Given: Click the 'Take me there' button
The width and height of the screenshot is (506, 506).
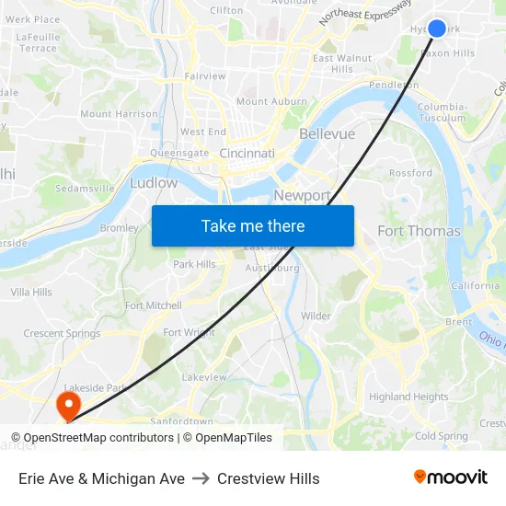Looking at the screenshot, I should tap(253, 225).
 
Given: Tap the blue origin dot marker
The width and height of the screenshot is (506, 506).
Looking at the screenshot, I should tap(437, 29).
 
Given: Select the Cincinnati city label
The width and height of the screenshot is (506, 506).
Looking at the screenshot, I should tap(247, 154).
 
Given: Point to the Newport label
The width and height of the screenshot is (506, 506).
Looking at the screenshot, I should tap(302, 195).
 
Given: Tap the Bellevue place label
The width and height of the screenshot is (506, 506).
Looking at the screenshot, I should tap(327, 134).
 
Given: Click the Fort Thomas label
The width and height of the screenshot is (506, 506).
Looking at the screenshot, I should tap(419, 231).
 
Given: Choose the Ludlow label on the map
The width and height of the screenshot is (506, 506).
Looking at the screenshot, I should tap(154, 183).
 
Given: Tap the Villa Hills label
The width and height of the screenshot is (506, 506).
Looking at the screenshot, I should tap(31, 292).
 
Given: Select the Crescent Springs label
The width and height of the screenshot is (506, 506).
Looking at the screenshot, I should tap(62, 333).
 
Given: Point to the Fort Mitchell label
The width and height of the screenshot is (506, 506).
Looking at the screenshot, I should tap(154, 305).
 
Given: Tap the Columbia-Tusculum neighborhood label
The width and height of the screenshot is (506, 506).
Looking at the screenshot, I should tap(442, 112).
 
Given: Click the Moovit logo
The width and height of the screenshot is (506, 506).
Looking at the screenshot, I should tap(450, 477).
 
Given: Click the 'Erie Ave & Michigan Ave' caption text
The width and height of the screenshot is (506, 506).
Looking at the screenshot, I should tap(101, 478).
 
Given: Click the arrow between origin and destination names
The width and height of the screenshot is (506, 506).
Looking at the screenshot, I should tap(200, 478).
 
